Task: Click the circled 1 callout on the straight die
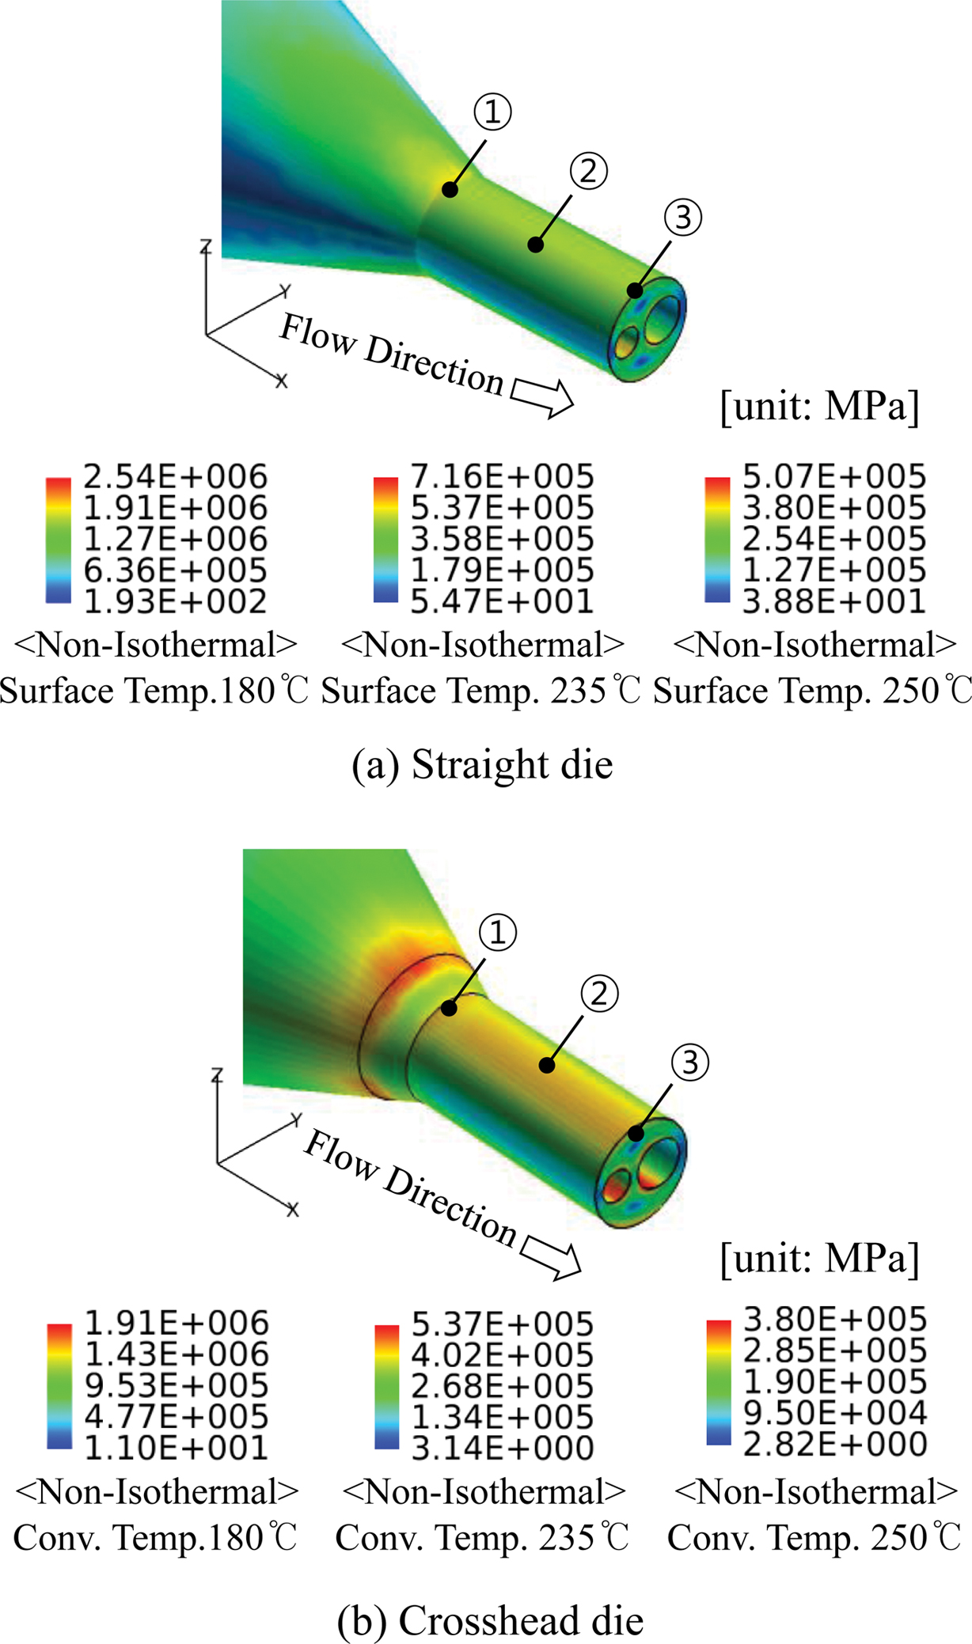492,112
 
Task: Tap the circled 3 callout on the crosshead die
689,1062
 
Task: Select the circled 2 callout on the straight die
588,170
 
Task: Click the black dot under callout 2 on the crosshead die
547,1065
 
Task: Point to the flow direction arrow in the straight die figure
543,396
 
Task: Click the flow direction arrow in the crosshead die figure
551,1256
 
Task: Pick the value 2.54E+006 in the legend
176,477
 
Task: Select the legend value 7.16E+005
502,477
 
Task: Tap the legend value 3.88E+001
834,601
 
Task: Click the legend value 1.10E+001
177,1448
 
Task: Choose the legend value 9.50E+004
835,1412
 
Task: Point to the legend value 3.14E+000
503,1448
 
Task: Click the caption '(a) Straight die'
482,765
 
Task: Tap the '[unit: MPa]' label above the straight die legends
820,406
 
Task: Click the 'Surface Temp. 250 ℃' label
812,691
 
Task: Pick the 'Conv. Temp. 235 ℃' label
482,1538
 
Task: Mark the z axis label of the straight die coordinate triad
206,246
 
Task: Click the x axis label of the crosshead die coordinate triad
293,1209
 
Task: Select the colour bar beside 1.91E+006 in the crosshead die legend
59,1385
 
